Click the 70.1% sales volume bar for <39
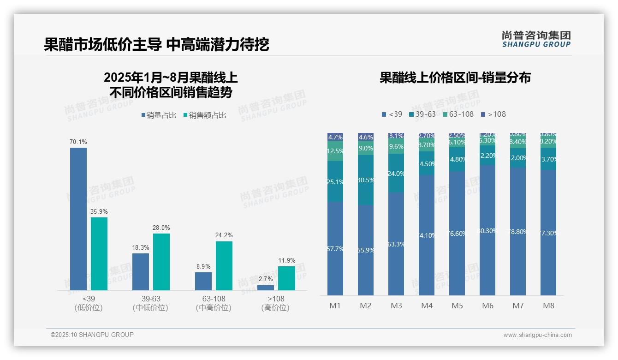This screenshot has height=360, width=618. (78, 219)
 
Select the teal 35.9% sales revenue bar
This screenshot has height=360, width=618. (99, 254)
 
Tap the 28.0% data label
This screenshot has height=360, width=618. (161, 228)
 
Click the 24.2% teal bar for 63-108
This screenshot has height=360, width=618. (224, 266)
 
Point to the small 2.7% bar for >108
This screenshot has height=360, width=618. (266, 288)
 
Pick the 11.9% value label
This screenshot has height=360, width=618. (286, 260)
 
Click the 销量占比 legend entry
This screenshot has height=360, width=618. (159, 115)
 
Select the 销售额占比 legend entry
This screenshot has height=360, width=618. (205, 115)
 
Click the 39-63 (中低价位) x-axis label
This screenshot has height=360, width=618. (150, 303)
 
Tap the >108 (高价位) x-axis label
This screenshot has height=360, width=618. (275, 303)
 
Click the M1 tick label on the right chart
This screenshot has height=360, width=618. (335, 306)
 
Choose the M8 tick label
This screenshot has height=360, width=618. (548, 306)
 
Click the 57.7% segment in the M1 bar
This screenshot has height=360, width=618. (335, 248)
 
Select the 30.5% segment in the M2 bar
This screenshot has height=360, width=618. (366, 180)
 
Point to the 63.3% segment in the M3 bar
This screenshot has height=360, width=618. (396, 244)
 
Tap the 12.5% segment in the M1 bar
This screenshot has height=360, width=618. (335, 151)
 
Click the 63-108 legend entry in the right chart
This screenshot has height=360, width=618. (458, 114)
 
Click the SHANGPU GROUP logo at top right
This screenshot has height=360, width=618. (536, 39)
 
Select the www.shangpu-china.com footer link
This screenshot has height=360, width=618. (537, 335)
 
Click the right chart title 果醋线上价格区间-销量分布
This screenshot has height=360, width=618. (455, 78)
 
